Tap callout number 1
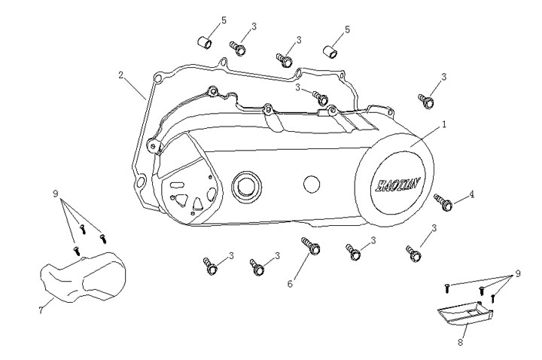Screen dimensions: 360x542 coord(444,123)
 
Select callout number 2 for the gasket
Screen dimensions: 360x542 coord(120,75)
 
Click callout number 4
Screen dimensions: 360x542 coord(472,194)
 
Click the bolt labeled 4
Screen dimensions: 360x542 coord(443,201)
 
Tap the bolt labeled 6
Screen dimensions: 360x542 coord(309,246)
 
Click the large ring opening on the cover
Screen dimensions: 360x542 coord(246,185)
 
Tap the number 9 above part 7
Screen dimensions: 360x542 coord(56,194)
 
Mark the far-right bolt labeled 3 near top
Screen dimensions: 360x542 coord(425,99)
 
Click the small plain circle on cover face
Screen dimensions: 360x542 coord(309,183)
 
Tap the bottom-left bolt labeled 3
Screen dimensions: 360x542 coord(211,264)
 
